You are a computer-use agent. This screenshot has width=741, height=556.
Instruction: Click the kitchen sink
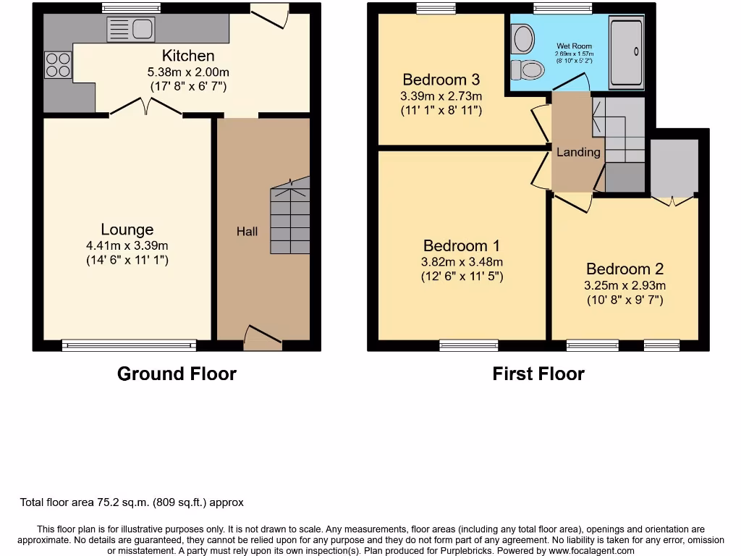(x=131, y=30)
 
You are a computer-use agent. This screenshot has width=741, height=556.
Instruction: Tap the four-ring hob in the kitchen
(x=58, y=65)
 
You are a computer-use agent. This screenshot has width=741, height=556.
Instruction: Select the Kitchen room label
(x=188, y=56)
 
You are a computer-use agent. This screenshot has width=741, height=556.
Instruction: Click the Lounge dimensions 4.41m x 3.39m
(x=127, y=245)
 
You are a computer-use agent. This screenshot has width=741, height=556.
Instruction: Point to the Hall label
(x=247, y=232)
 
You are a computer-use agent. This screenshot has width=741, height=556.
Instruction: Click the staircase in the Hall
(x=290, y=218)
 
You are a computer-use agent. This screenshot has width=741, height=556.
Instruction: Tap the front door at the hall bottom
(x=263, y=336)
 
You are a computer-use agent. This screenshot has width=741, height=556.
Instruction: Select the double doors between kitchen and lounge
(x=145, y=107)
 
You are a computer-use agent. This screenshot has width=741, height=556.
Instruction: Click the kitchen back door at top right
(x=269, y=18)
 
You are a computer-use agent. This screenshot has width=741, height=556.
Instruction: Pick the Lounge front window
(x=129, y=345)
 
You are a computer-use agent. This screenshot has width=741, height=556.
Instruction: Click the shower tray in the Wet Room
(x=626, y=51)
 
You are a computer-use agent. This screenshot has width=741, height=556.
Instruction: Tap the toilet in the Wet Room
(x=528, y=70)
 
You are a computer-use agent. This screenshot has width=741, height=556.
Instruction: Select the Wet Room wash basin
(x=522, y=35)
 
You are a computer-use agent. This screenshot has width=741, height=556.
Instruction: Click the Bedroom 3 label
(x=441, y=80)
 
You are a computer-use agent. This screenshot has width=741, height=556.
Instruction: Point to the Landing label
(x=578, y=152)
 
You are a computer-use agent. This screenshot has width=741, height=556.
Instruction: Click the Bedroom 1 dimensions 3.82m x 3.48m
(x=462, y=262)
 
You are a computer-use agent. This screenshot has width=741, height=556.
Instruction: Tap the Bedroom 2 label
(x=624, y=269)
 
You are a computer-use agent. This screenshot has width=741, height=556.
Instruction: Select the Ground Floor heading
(x=177, y=374)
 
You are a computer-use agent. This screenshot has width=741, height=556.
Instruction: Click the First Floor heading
(x=538, y=374)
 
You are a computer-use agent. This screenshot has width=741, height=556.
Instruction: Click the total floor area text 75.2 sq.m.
(x=131, y=502)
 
